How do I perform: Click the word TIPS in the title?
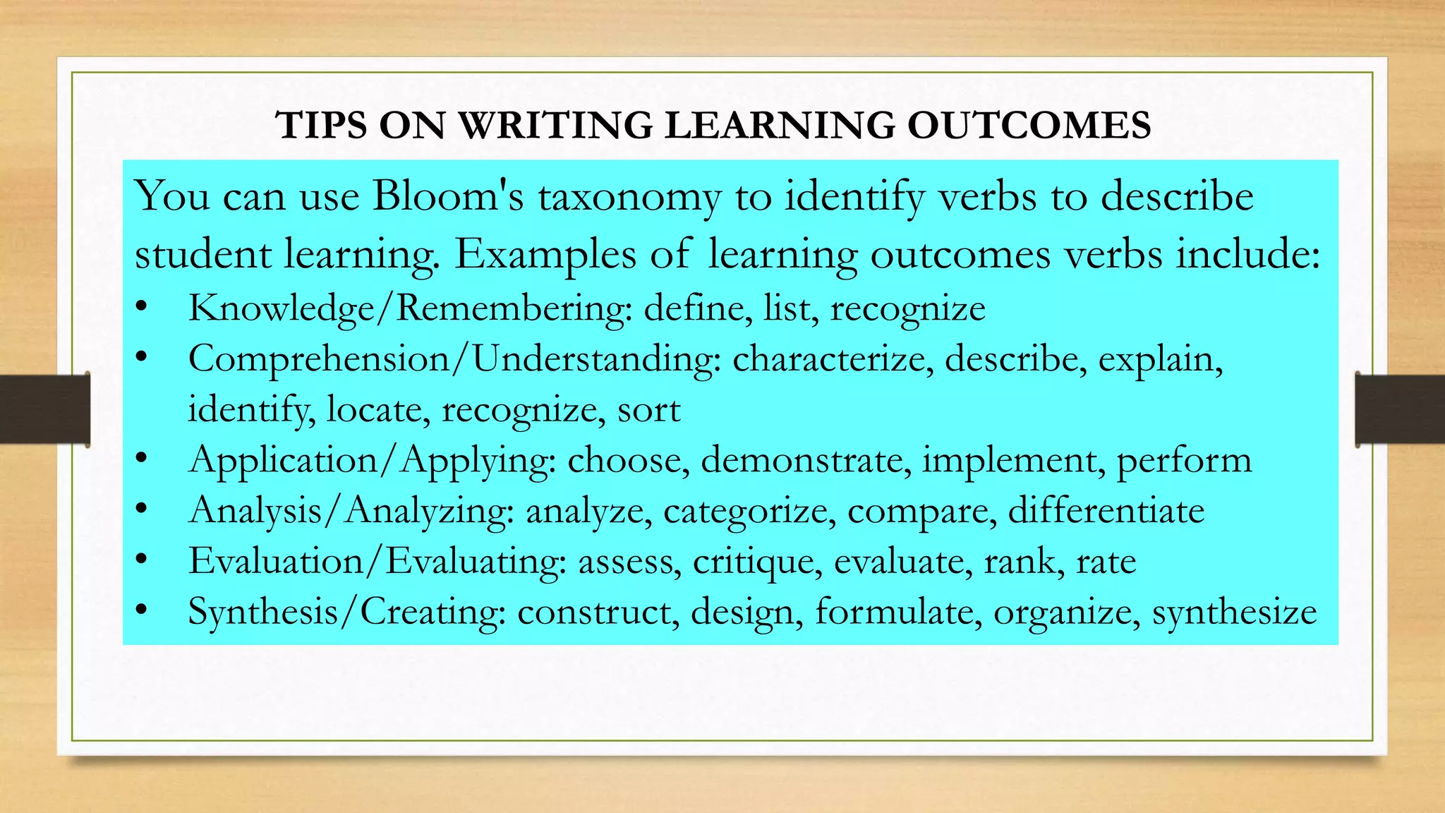pos(321,125)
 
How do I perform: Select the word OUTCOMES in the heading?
pos(1029,125)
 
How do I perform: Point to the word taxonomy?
pos(629,197)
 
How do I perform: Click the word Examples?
pos(544,255)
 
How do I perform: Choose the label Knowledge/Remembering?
pos(410,308)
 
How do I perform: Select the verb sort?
pos(648,410)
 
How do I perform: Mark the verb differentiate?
pos(1106,510)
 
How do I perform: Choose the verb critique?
pos(757,562)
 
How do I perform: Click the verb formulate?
pos(897,611)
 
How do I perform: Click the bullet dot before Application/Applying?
pos(142,459)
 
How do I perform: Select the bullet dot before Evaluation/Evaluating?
pos(142,560)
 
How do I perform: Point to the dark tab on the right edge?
pos(1400,409)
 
